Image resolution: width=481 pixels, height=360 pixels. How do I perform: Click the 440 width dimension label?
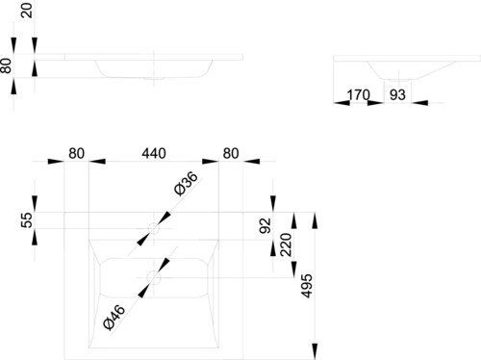[154, 153]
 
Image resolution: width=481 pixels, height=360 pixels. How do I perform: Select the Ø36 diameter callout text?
[186, 184]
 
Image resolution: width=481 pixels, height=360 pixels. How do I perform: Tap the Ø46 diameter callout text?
[114, 318]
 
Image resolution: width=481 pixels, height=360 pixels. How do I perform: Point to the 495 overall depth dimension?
[307, 286]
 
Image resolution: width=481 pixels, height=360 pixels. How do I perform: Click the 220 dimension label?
[286, 244]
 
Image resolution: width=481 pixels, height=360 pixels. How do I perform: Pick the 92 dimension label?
[266, 225]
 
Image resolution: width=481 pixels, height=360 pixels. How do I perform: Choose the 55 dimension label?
[27, 219]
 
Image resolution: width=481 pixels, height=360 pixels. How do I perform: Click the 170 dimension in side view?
[359, 95]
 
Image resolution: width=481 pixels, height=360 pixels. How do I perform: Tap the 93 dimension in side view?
[397, 95]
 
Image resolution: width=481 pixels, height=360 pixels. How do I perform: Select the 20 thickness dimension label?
[27, 11]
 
